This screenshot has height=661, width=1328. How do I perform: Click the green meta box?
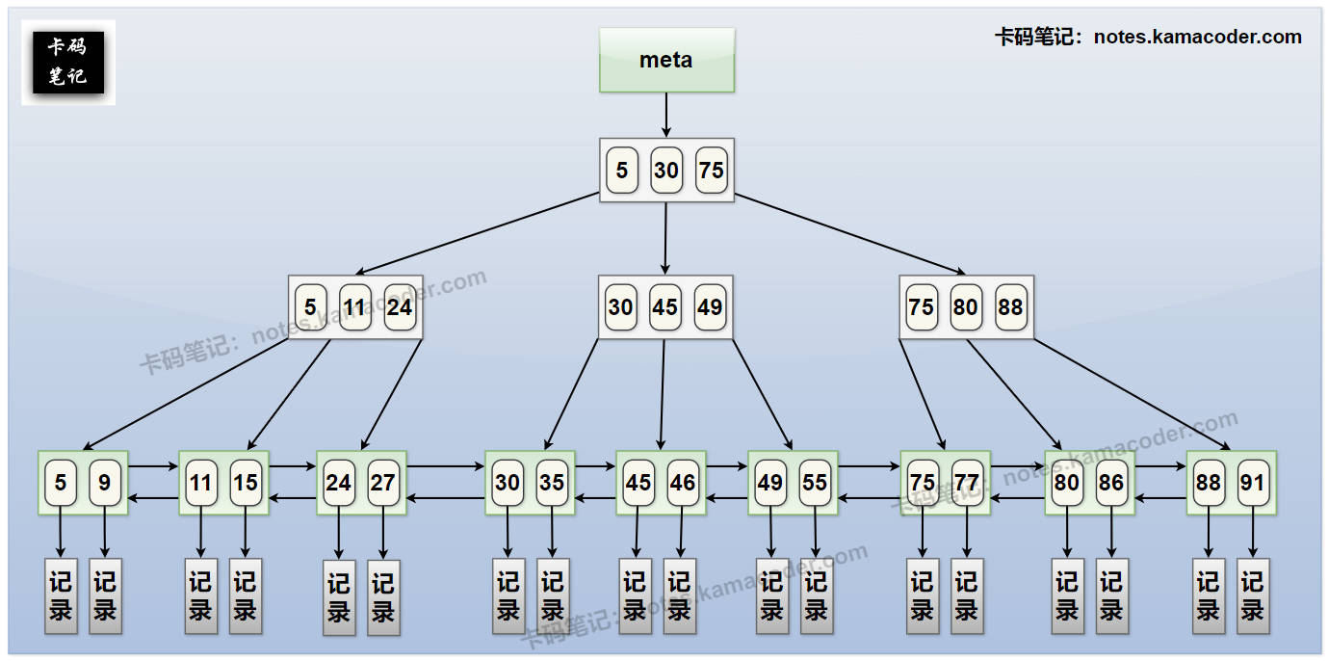(666, 60)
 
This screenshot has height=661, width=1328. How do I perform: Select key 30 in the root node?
(666, 171)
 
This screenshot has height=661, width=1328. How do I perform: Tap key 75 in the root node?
(712, 171)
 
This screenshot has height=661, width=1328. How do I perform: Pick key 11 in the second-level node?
(355, 307)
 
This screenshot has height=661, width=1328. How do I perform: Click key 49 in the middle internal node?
(711, 307)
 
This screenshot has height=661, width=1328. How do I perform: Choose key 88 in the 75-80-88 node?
(1011, 307)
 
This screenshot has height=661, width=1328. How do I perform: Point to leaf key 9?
(105, 482)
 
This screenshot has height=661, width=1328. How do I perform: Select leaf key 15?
(246, 482)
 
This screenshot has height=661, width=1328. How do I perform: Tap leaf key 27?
(383, 482)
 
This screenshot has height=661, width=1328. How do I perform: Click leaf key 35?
(552, 482)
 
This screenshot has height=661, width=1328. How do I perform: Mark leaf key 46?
(683, 482)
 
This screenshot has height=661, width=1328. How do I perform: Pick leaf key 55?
(815, 482)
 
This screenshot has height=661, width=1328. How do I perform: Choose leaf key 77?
(967, 482)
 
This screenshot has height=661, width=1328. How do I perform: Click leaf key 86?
(1111, 482)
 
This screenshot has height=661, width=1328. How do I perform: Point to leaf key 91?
(1252, 482)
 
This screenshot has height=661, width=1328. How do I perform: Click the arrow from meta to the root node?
(665, 116)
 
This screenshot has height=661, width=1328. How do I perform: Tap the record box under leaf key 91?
(1252, 595)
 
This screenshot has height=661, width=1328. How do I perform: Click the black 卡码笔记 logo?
(68, 62)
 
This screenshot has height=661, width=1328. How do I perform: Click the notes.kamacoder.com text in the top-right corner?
(1197, 38)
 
